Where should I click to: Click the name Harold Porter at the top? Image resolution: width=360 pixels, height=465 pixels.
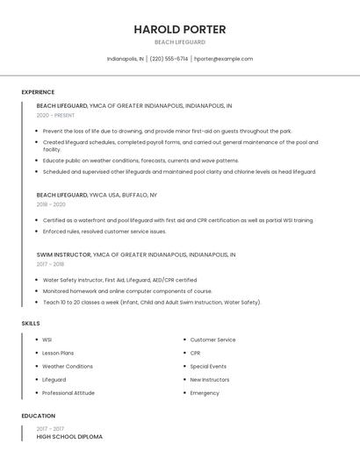tap(180, 29)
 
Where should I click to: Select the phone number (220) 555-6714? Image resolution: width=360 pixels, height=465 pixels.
tap(169, 59)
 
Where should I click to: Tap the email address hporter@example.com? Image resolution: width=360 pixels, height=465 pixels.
tap(223, 59)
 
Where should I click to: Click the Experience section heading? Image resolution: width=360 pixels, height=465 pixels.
tap(38, 92)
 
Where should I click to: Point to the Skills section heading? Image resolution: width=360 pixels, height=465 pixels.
tap(31, 324)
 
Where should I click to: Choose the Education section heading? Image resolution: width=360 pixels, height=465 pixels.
tap(38, 416)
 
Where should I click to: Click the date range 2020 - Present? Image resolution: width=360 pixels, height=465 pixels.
tap(55, 115)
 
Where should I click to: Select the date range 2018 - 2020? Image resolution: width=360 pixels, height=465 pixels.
tap(51, 204)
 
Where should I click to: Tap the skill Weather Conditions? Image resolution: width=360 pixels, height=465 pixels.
tap(68, 366)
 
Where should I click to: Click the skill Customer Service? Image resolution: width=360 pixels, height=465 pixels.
tap(212, 340)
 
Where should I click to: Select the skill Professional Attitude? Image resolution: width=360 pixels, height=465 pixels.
tap(68, 393)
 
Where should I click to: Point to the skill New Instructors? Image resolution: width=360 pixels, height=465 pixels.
tap(210, 380)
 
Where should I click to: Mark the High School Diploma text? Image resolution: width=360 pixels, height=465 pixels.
tap(69, 436)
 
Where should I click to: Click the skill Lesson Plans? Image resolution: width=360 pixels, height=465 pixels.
tap(58, 353)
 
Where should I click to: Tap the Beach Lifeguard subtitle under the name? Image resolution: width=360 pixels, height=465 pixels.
tap(180, 42)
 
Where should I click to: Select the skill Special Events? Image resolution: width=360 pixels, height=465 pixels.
tap(208, 366)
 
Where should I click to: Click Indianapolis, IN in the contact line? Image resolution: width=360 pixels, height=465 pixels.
tap(126, 59)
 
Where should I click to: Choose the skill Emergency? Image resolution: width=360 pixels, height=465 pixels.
tap(205, 393)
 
